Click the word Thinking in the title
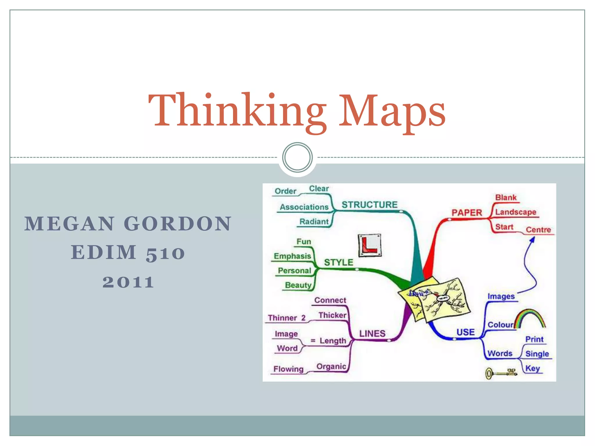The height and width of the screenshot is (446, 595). point(237,112)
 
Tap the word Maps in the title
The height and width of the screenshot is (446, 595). point(392,112)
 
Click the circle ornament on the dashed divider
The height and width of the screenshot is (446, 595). point(297,157)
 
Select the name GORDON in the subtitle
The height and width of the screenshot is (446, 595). point(178,224)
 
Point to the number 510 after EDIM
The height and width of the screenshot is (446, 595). point(165,253)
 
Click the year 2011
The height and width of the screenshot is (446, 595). point(128,282)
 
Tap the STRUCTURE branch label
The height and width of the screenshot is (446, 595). point(369,205)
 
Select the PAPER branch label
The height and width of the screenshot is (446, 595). point(467,213)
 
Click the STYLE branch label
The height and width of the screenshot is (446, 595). point(338,262)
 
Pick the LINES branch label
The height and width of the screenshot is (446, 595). point(372,333)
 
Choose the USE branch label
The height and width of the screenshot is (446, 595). point(465,332)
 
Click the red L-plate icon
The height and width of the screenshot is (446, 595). point(370,245)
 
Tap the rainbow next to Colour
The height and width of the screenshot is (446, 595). point(530,318)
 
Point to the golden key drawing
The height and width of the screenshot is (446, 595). point(501,373)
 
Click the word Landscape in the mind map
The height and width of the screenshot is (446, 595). point(516,212)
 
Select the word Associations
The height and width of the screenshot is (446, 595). point(304,207)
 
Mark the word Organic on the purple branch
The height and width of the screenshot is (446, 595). point(331,366)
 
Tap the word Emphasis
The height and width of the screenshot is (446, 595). point(292,256)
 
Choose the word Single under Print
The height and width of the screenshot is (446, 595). point(537,354)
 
